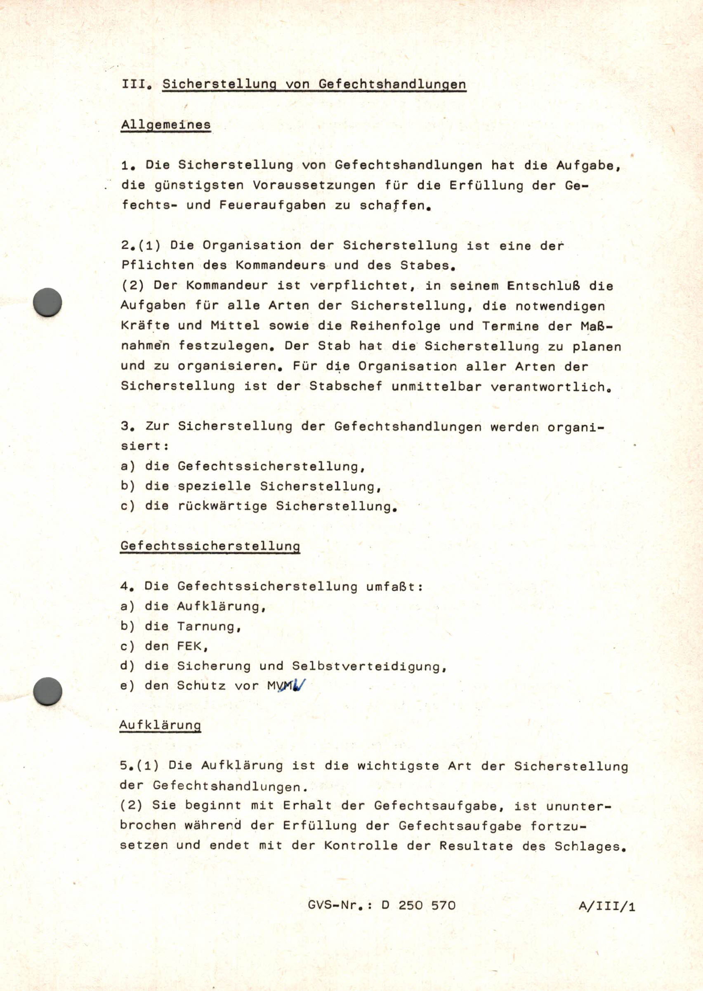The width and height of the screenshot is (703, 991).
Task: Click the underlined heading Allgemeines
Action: coord(166,125)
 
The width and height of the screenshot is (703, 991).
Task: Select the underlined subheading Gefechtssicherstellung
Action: coord(210,546)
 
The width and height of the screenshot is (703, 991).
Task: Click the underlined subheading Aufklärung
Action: coord(160,725)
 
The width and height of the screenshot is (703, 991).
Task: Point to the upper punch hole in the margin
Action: coord(47,301)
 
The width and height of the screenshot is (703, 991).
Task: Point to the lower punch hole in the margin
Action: coord(47,691)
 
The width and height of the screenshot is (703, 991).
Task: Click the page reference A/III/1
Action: coord(606,906)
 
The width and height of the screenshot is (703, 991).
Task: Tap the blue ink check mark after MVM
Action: coord(300,685)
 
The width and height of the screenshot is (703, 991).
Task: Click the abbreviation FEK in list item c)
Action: coord(189,646)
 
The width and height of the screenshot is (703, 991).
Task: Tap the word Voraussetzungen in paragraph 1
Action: coord(314,185)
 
